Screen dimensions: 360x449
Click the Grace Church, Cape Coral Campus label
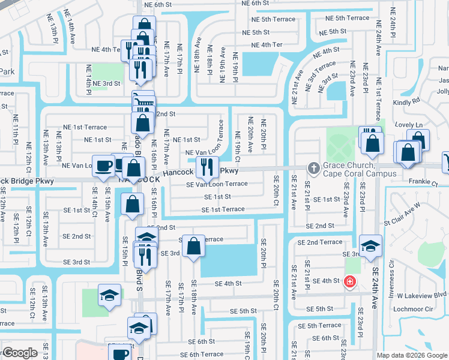349,170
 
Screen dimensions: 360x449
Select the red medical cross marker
349,281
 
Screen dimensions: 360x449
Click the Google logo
20,353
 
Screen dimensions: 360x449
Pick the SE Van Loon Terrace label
217,184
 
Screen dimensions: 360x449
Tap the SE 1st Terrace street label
223,209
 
